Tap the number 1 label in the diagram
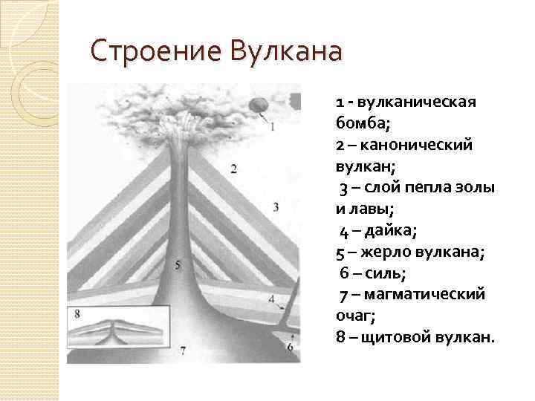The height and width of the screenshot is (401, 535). [x=272, y=126]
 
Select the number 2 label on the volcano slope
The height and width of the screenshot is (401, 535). [x=234, y=169]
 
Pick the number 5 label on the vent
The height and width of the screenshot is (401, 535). [x=177, y=264]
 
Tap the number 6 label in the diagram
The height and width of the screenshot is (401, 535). [x=289, y=346]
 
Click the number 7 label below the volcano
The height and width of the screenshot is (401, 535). [x=183, y=349]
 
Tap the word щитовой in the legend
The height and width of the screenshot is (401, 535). [x=398, y=337]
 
